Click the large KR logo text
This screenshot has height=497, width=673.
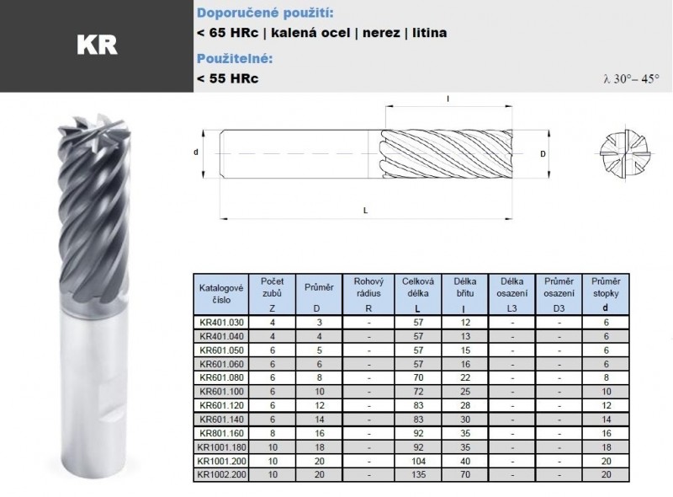[97, 45]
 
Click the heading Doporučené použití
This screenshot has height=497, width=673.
[265, 13]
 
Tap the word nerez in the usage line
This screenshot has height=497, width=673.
[381, 33]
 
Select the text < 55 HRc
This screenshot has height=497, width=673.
[227, 78]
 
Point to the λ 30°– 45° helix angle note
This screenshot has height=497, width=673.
[631, 79]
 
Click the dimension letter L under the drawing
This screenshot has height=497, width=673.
[365, 211]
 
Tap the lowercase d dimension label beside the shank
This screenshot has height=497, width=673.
[196, 152]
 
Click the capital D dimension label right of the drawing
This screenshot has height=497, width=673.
[543, 153]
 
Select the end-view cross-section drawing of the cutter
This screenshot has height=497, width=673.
[625, 153]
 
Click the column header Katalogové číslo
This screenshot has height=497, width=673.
[221, 294]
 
